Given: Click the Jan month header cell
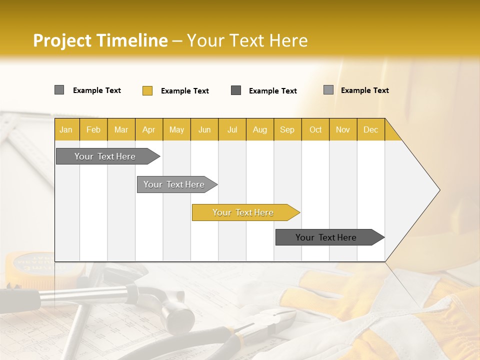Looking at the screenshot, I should pos(66,129).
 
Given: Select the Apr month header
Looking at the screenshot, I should pos(148,129).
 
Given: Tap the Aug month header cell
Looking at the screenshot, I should pos(259,129).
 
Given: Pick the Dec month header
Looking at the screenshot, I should pos(370,129).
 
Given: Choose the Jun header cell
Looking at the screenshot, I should pos(204,129).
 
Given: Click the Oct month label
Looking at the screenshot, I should pos(315,129).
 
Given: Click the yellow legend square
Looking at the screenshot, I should pos(147,90).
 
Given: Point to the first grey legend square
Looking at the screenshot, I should pos(59,90).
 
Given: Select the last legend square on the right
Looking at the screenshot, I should pos(328,90).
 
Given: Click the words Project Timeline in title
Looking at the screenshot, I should pos(100,40).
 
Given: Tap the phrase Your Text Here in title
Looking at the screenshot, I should pos(247,40).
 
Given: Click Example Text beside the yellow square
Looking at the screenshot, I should pos(184,91).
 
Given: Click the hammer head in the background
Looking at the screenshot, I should pos(177,315).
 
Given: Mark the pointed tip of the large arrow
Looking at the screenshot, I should pos(439,190).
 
